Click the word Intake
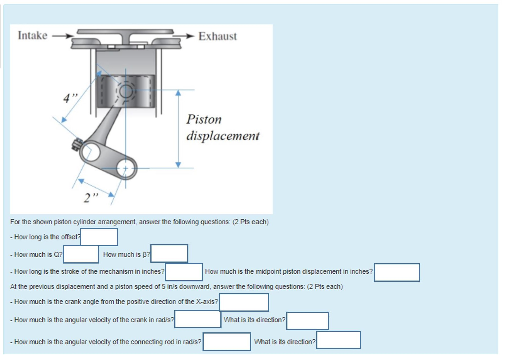32,36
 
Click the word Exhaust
217,36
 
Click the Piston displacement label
222,128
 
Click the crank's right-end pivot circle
124,169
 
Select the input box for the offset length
99,237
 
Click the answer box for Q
81,254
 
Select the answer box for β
169,254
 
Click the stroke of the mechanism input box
184,272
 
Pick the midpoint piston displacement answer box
397,272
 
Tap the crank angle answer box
244,302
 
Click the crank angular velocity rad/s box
198,320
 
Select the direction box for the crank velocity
307,321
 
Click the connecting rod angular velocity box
226,342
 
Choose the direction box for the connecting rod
338,340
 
